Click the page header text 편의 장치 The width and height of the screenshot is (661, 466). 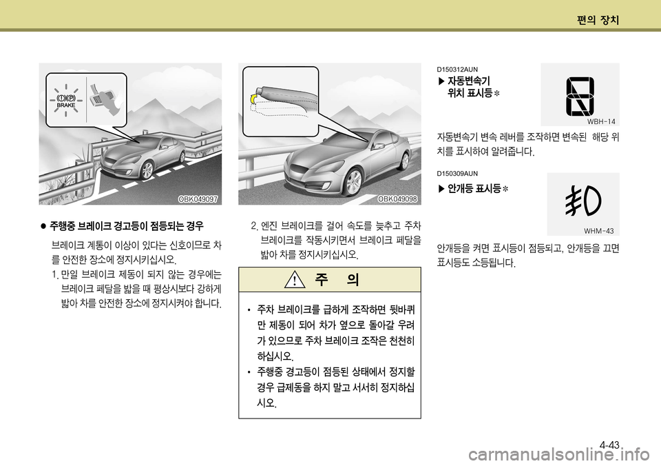click(x=599, y=20)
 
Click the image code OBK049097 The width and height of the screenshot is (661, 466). click(x=198, y=199)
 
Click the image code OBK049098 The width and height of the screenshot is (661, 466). click(x=398, y=199)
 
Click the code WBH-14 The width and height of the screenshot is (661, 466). click(x=600, y=121)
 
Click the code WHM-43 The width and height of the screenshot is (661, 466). click(x=598, y=230)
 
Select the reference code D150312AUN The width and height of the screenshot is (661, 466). click(x=457, y=70)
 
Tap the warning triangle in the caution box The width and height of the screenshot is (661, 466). click(x=294, y=281)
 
